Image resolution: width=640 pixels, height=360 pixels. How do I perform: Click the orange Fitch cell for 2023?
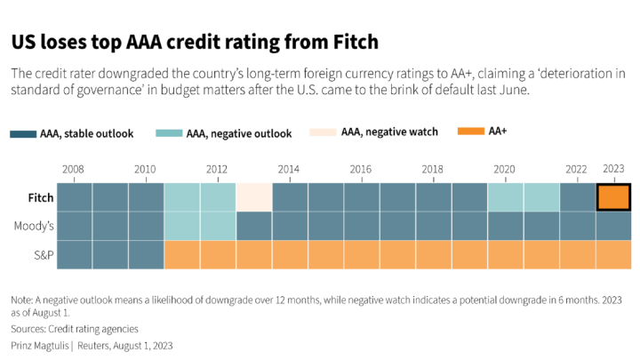pyautogui.click(x=613, y=196)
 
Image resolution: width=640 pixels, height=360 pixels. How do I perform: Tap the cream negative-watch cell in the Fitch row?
pyautogui.click(x=253, y=196)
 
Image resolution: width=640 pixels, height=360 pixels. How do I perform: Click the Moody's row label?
pyautogui.click(x=34, y=226)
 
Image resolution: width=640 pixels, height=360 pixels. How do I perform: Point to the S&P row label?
pyautogui.click(x=41, y=254)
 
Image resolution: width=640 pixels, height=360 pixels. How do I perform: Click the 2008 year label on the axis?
pyautogui.click(x=74, y=169)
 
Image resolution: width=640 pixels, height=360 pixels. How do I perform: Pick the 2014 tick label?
pyautogui.click(x=288, y=169)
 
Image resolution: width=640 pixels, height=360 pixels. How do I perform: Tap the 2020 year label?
pyautogui.click(x=504, y=169)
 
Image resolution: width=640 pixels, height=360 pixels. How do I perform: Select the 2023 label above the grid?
pyautogui.click(x=613, y=168)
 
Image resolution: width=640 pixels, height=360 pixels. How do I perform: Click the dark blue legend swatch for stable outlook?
pyautogui.click(x=23, y=134)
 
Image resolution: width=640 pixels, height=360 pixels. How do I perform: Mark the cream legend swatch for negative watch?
pyautogui.click(x=323, y=132)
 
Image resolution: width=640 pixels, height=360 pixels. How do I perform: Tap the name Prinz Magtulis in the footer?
pyautogui.click(x=40, y=344)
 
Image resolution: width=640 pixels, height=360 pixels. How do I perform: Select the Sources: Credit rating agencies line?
pyautogui.click(x=75, y=329)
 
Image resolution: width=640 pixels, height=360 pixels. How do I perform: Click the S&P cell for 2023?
pyautogui.click(x=613, y=254)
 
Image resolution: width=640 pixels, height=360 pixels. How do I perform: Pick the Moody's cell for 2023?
pyautogui.click(x=613, y=226)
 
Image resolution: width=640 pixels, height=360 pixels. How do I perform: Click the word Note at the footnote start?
pyautogui.click(x=20, y=300)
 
